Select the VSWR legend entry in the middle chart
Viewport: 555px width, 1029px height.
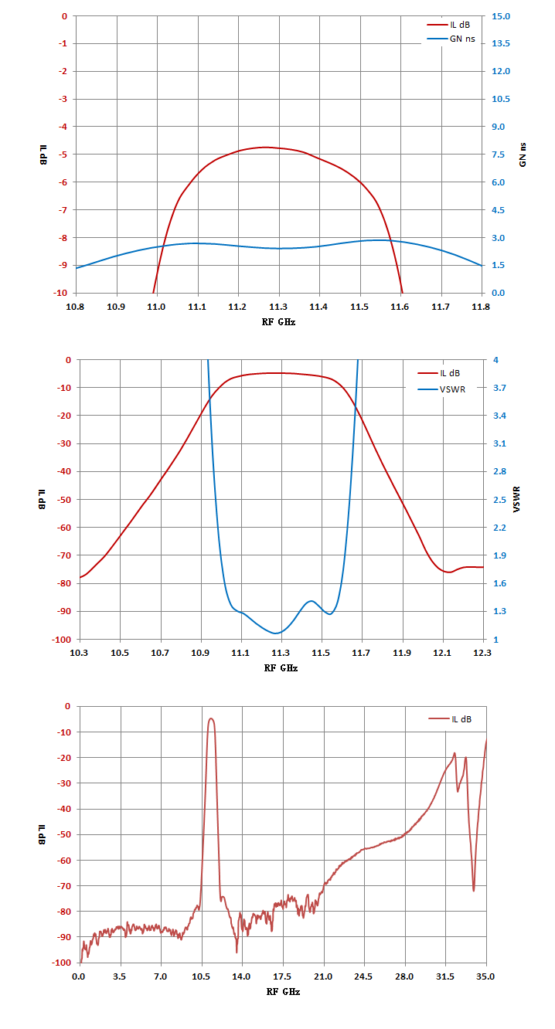tap(452, 388)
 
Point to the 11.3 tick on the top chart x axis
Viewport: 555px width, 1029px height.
tap(278, 307)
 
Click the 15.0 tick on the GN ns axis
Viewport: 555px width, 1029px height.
tap(501, 15)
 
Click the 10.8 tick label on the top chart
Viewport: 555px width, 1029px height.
tap(76, 307)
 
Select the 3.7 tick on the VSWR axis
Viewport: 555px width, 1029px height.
tap(501, 388)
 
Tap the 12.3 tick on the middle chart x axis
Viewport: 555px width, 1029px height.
tap(483, 653)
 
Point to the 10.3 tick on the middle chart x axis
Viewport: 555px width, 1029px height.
tap(79, 653)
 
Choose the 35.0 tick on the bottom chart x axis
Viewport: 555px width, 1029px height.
tap(485, 976)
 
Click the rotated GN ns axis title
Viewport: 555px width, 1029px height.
tap(523, 155)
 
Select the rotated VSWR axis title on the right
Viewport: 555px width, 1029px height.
tap(517, 499)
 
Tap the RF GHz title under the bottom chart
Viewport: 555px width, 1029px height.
tap(282, 991)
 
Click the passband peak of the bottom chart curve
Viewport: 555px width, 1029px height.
tap(210, 718)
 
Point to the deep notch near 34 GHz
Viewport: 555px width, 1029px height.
tap(474, 890)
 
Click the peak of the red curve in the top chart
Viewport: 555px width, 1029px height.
tap(265, 147)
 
